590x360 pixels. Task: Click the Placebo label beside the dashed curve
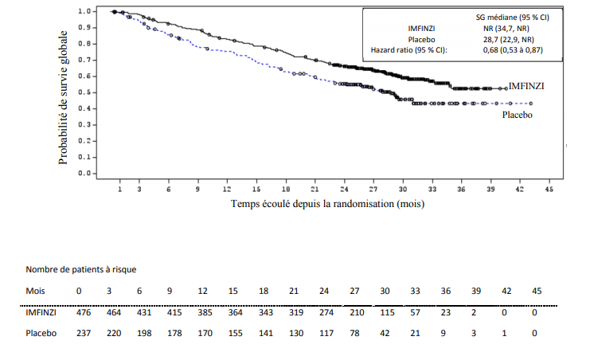click(x=517, y=115)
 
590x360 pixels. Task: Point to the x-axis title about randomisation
click(x=327, y=204)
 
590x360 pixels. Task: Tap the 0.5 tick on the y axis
click(x=85, y=92)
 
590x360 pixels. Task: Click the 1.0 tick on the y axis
click(x=85, y=12)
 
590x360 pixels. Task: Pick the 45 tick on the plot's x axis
click(x=549, y=190)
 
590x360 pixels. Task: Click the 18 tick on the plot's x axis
click(x=285, y=190)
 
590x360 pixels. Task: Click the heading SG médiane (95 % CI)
click(x=506, y=17)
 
